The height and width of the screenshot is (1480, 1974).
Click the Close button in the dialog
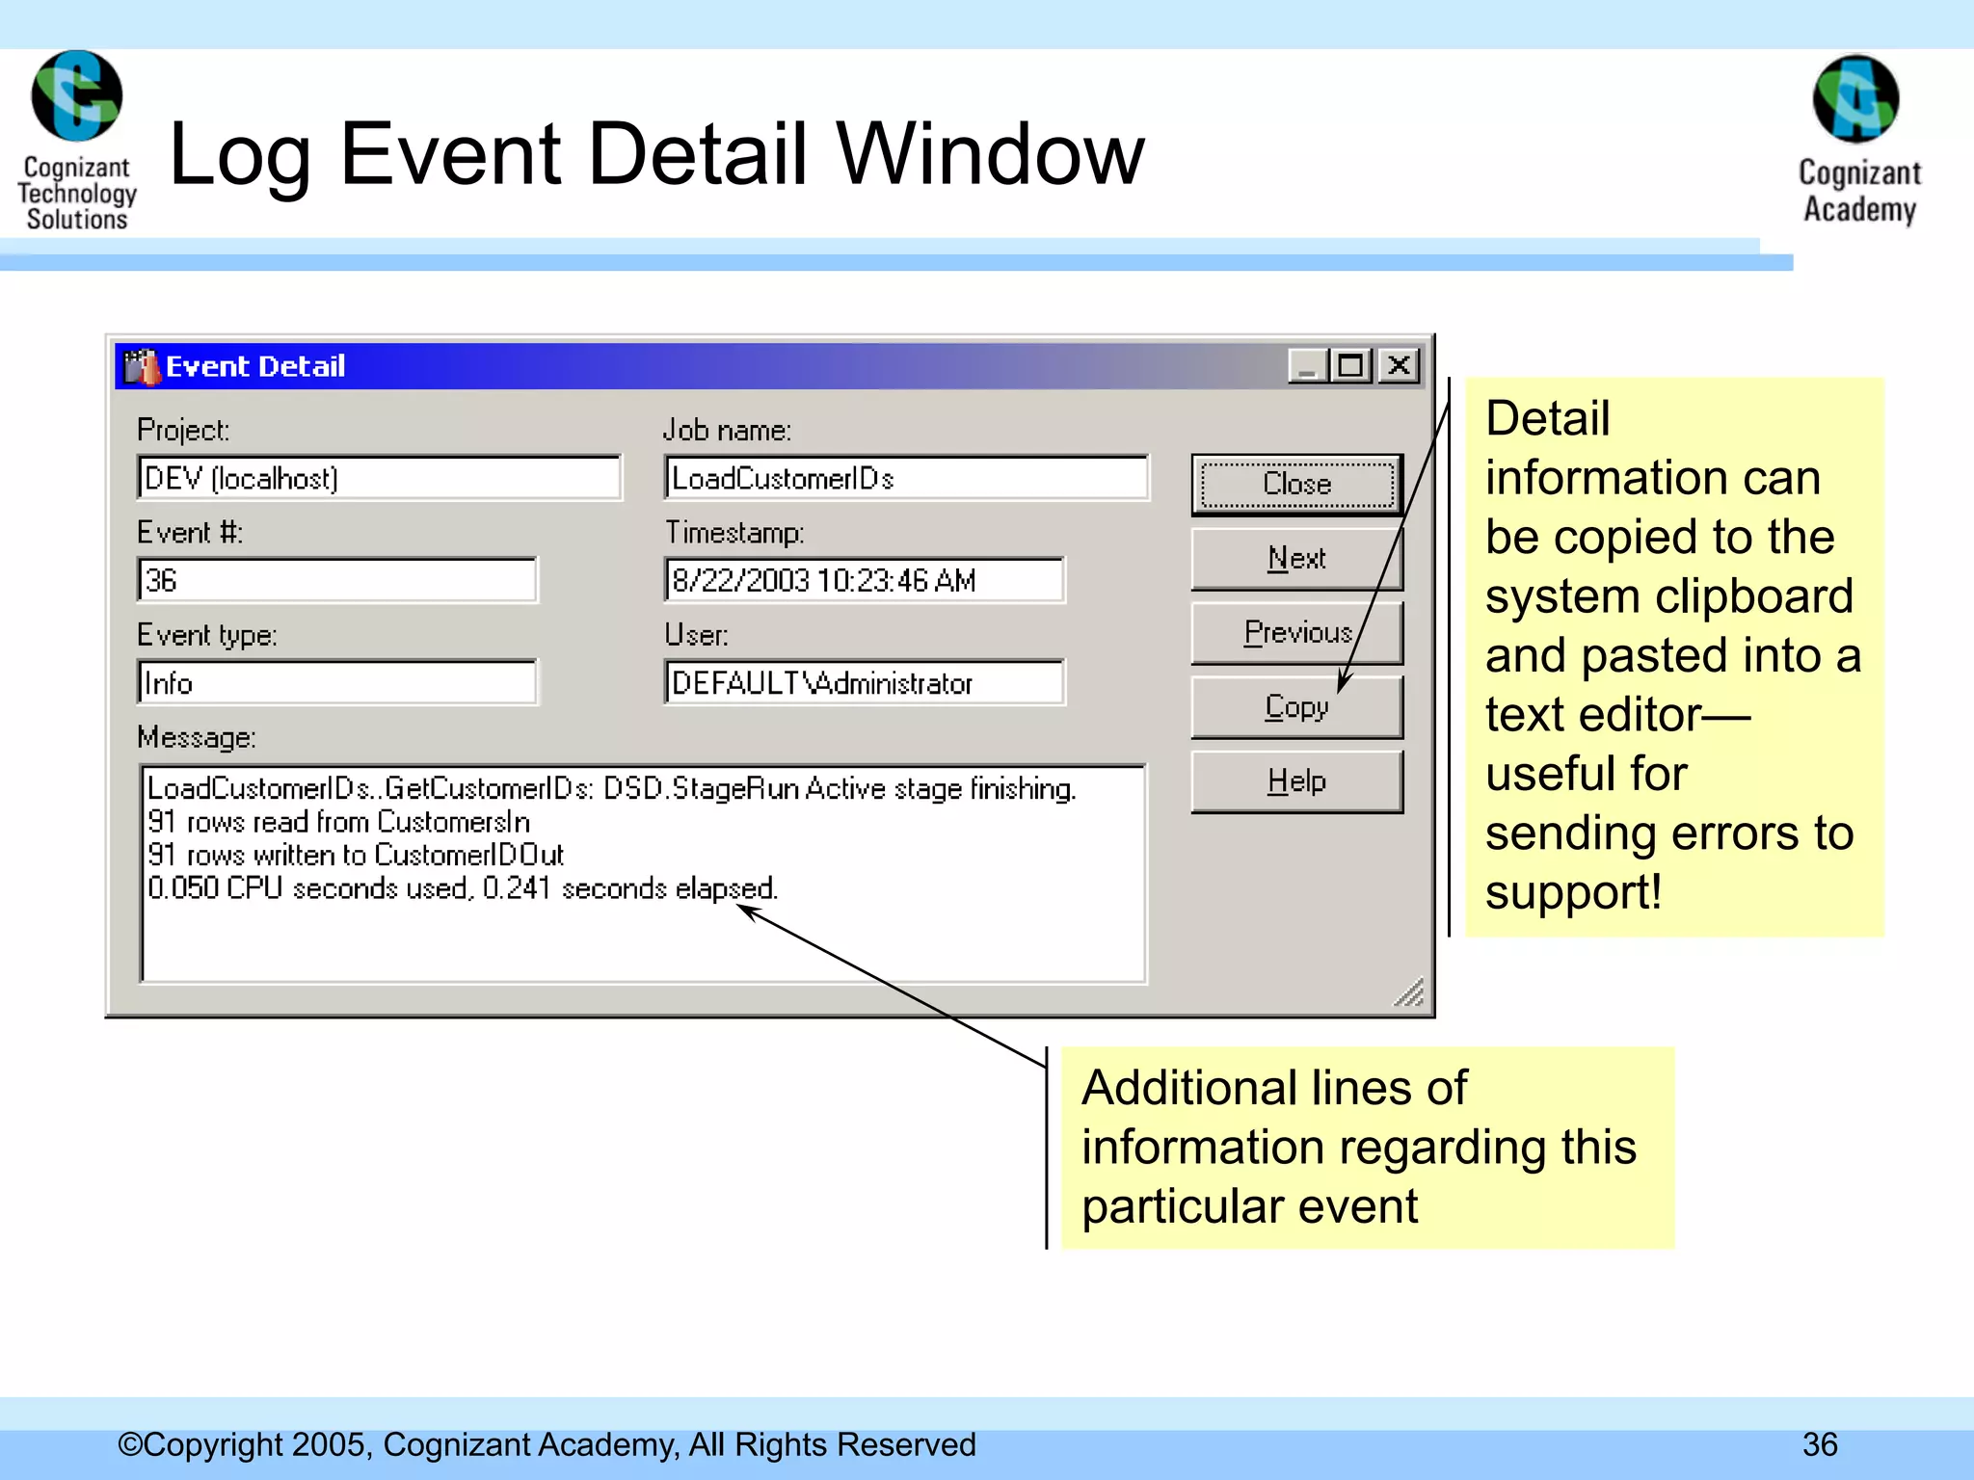pyautogui.click(x=1296, y=484)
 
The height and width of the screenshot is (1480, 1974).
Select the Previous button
pyautogui.click(x=1296, y=633)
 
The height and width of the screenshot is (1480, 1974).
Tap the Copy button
pyautogui.click(x=1296, y=707)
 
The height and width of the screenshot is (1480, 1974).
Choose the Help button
pyautogui.click(x=1296, y=781)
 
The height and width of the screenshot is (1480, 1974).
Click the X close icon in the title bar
pyautogui.click(x=1399, y=366)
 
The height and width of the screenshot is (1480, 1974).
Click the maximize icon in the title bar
pyautogui.click(x=1351, y=366)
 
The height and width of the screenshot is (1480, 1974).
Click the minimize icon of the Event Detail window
pyautogui.click(x=1308, y=366)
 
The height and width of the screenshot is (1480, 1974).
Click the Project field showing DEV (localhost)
pyautogui.click(x=379, y=478)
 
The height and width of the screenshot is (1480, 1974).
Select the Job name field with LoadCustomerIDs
pyautogui.click(x=906, y=478)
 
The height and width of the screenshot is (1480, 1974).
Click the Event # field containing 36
pyautogui.click(x=336, y=580)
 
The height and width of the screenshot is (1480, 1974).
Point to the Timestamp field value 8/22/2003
pyautogui.click(x=864, y=580)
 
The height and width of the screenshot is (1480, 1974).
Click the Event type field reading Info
pyautogui.click(x=336, y=683)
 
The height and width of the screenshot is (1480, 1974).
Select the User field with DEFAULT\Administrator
pyautogui.click(x=864, y=683)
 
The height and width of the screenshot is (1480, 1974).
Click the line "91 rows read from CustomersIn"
pyautogui.click(x=338, y=822)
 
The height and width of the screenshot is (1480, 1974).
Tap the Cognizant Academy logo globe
pyautogui.click(x=1855, y=100)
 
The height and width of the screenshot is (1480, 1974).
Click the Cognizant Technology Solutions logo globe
pyautogui.click(x=77, y=96)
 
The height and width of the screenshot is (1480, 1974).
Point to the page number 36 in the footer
pyautogui.click(x=1820, y=1444)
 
